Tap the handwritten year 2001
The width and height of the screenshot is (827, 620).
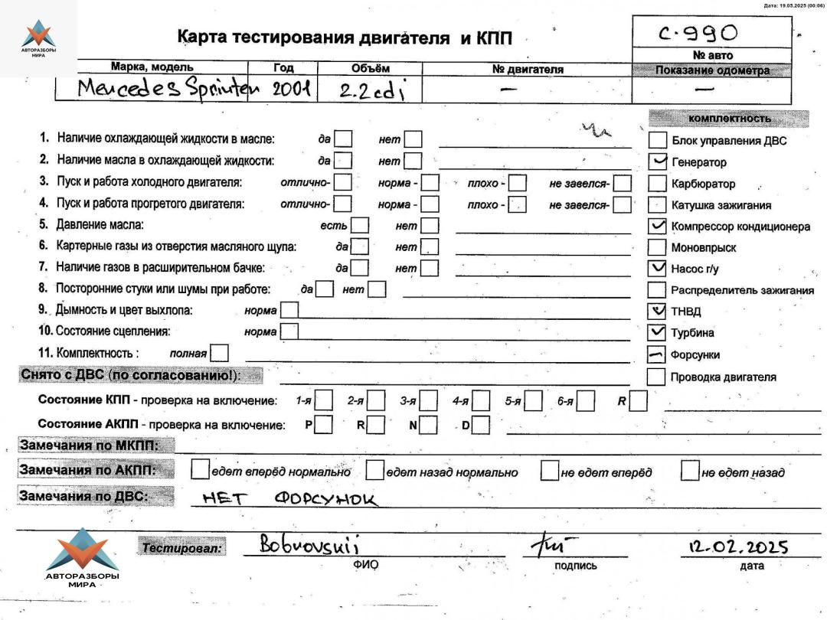[x=290, y=90]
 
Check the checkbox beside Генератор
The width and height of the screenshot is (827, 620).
[x=657, y=161]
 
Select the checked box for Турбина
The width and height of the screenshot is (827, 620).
[x=657, y=332]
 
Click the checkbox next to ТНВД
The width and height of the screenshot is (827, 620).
[x=657, y=311]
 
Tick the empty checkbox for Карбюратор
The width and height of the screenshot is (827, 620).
[x=657, y=184]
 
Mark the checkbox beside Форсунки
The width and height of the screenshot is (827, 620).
[x=657, y=354]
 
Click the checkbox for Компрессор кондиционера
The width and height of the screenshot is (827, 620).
[x=657, y=226]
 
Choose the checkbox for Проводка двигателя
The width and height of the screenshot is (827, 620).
[x=656, y=377]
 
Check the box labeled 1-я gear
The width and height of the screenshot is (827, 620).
[x=324, y=400]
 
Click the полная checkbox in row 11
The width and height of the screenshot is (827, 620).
[x=219, y=353]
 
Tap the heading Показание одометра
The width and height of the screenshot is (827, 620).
[x=712, y=70]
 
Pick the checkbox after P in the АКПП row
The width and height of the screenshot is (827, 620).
[x=323, y=424]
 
